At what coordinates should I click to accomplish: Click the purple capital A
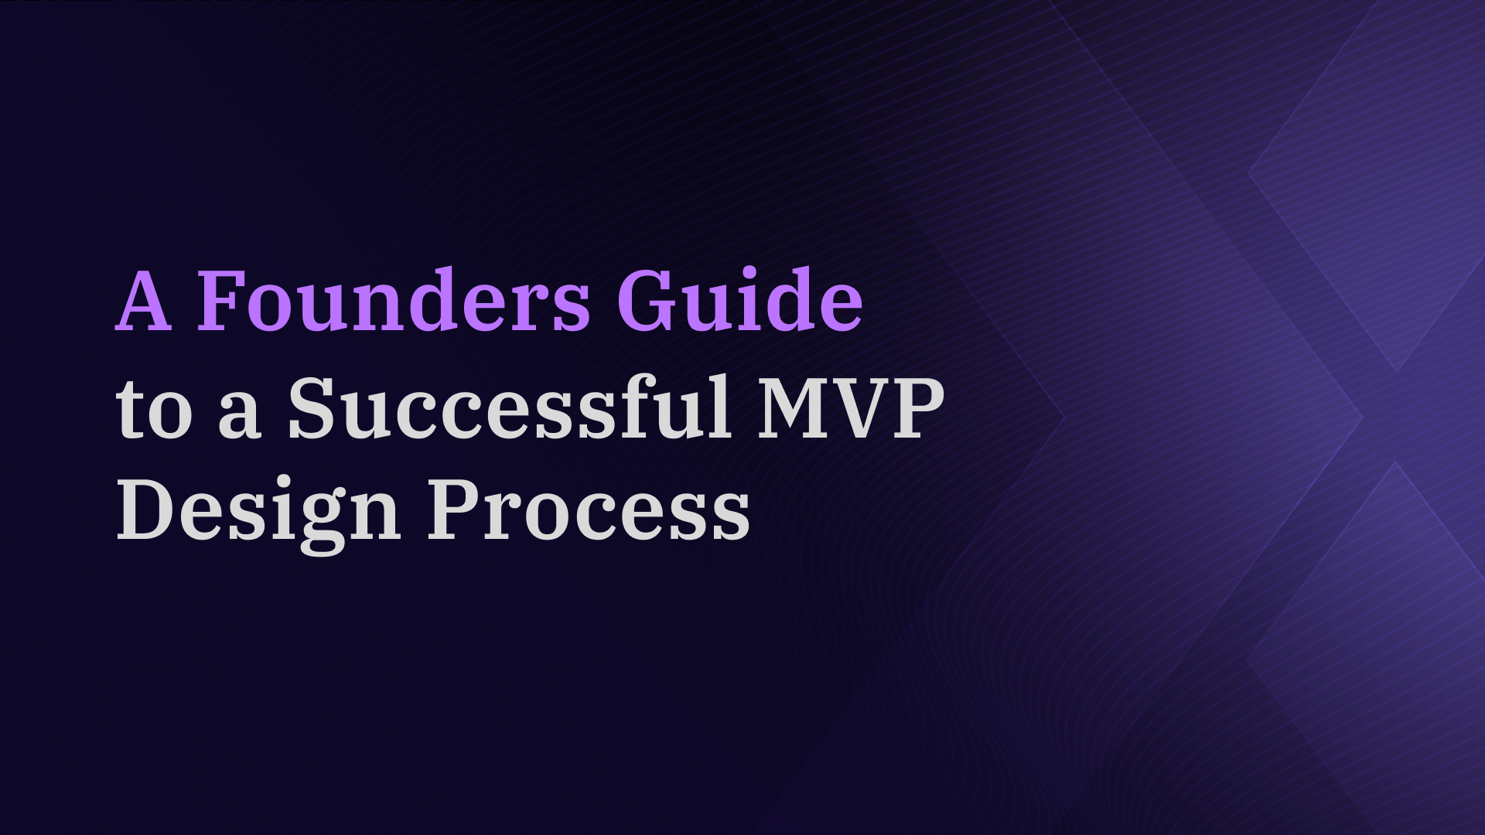(x=144, y=301)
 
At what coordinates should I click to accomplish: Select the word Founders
(x=394, y=299)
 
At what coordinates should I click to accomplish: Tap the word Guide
(x=739, y=299)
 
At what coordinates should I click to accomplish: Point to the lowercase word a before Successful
(x=238, y=417)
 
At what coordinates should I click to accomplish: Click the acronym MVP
(x=851, y=407)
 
